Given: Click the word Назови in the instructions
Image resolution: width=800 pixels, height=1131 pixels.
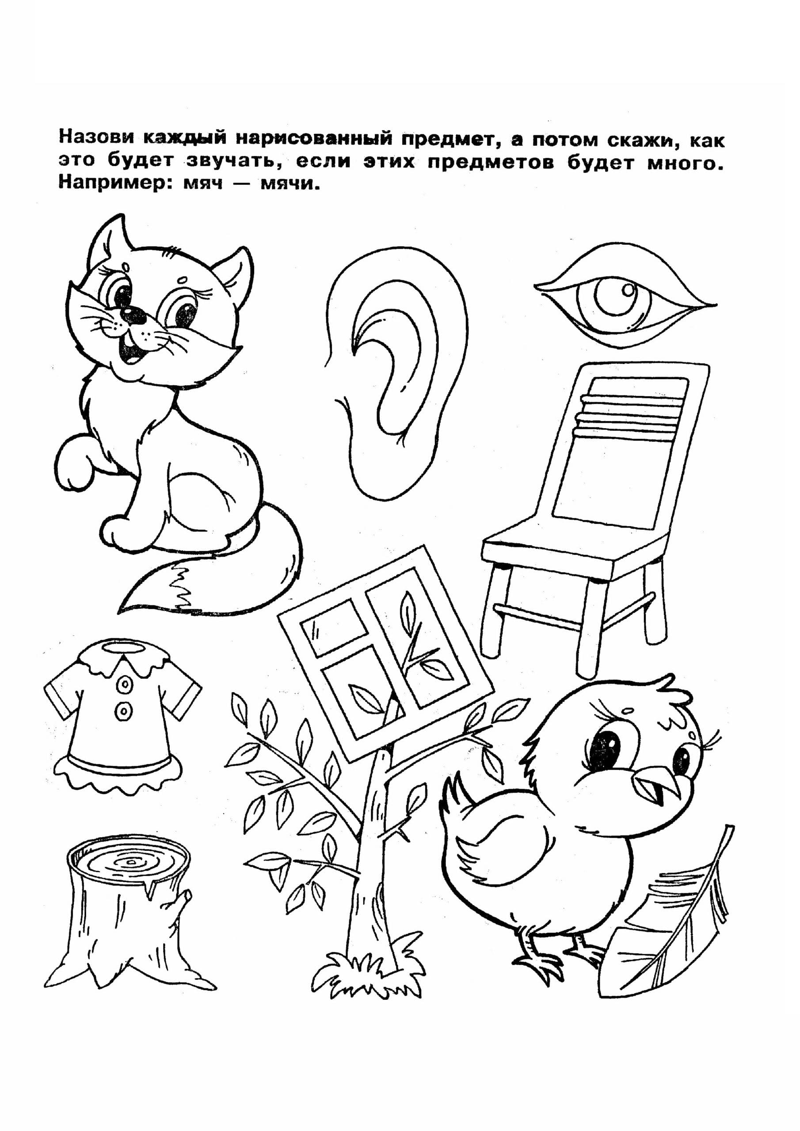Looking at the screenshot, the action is tap(97, 137).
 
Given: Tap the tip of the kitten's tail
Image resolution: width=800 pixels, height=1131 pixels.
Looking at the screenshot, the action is tap(120, 612).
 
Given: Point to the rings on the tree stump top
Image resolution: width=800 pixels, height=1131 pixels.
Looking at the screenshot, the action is tap(129, 861).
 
